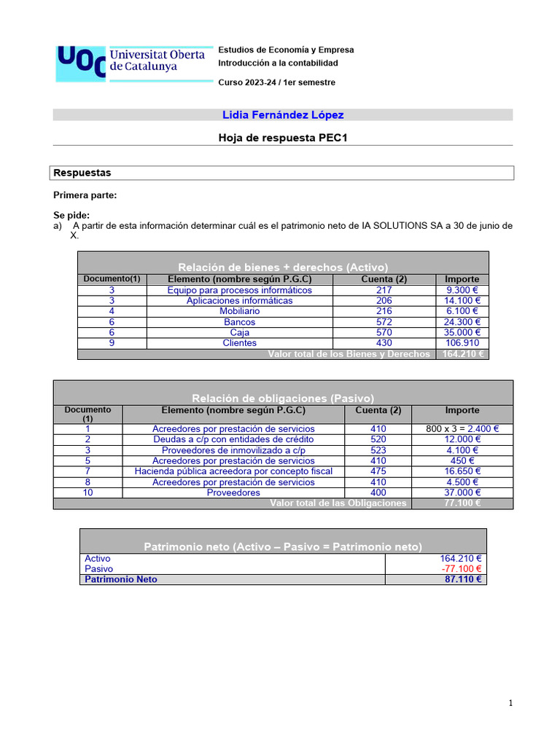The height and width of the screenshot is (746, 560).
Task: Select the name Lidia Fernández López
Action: pos(282,115)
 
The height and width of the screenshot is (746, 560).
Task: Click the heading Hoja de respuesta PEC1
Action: pos(282,137)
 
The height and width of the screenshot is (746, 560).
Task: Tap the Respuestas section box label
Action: pos(82,173)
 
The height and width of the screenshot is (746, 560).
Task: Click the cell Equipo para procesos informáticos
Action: pos(239,290)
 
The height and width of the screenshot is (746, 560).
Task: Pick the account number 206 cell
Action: pos(384,300)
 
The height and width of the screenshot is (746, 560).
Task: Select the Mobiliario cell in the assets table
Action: pos(239,311)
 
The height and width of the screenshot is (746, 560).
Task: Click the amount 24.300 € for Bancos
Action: pos(462,321)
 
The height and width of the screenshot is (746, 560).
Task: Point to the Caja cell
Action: pos(239,332)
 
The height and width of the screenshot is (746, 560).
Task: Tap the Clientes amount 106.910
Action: pos(462,342)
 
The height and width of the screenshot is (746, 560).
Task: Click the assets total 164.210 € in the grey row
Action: pos(462,354)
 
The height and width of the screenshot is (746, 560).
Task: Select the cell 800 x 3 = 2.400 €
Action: pos(462,429)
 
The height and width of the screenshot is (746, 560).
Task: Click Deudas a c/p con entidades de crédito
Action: pos(233,439)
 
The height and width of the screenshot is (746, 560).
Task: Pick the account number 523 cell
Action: pos(378,450)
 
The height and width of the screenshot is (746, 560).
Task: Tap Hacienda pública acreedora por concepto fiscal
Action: pos(233,471)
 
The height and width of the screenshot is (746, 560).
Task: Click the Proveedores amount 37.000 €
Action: pos(462,492)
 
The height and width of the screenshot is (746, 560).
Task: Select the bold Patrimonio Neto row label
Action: pos(121,579)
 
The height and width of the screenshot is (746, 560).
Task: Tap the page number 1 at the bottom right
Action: pos(510,703)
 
